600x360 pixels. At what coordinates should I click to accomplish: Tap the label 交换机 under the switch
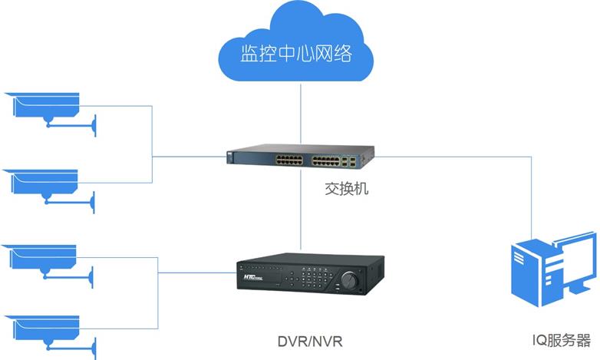tap(345, 188)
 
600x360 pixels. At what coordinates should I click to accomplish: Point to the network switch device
tap(300, 158)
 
